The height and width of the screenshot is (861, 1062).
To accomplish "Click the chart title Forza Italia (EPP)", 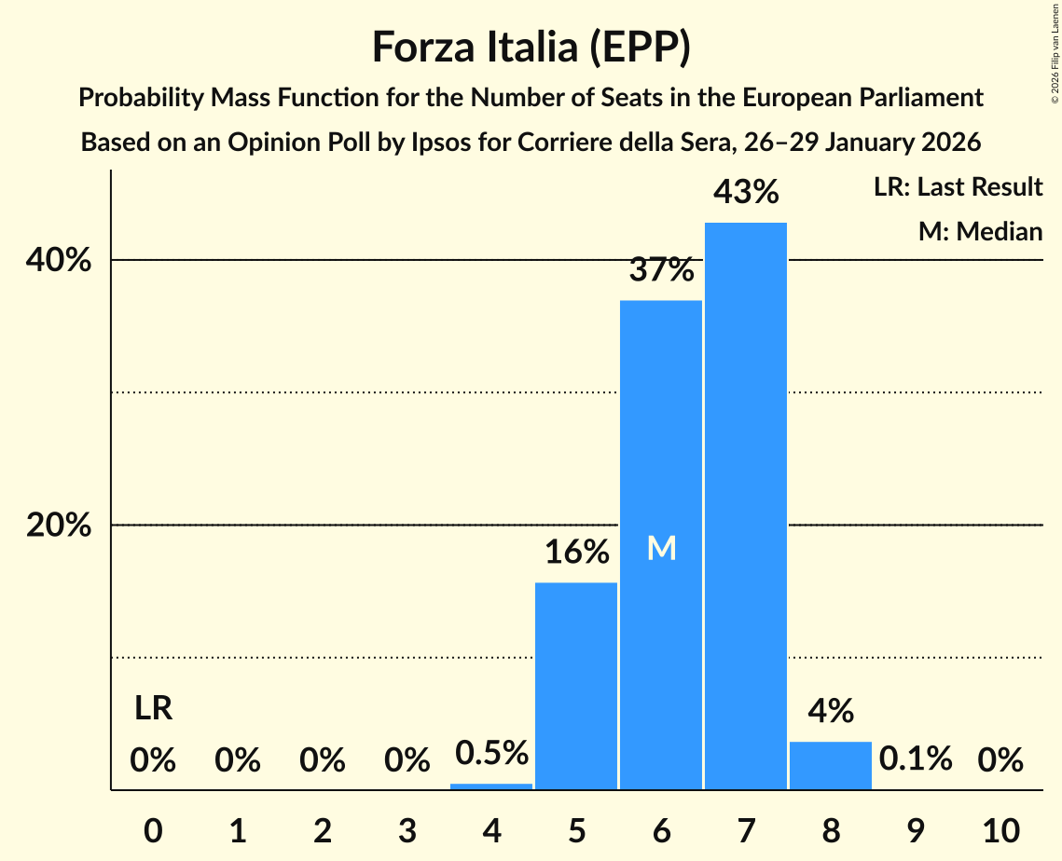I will tap(531, 47).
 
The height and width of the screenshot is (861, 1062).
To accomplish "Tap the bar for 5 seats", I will tap(576, 686).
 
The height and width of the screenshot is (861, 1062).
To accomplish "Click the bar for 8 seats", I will tap(831, 765).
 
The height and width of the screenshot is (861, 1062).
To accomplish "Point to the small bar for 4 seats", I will tap(491, 786).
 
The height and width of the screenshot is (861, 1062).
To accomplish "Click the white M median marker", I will tap(661, 549).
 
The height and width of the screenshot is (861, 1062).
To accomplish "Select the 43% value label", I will tap(746, 193).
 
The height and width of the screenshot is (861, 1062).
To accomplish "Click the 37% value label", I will tap(661, 270).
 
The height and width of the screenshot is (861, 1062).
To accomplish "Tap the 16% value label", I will tap(576, 553).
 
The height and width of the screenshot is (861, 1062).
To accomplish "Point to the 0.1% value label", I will tap(916, 759).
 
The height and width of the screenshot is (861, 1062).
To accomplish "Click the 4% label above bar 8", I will tap(831, 712).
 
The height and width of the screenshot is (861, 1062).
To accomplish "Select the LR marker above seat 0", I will tap(153, 709).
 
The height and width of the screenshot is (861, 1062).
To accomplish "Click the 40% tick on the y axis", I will tap(59, 261).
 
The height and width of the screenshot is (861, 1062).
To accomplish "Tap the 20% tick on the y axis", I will tap(59, 526).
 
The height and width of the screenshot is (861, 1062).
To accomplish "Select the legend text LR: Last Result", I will tap(958, 187).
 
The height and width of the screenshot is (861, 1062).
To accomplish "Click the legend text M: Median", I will tap(980, 231).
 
